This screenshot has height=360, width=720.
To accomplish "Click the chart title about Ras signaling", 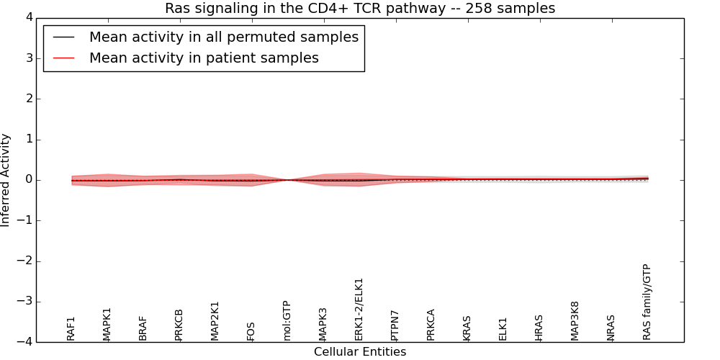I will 360,9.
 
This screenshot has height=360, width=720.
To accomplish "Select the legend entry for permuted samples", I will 223,37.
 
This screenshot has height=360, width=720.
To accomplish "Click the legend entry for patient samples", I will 204,58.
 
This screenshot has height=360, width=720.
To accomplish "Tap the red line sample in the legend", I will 64,58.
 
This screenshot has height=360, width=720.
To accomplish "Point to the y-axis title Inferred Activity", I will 6,180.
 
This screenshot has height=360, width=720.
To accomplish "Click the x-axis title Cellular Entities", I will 360,352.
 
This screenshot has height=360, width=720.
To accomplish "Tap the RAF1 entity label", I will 71,328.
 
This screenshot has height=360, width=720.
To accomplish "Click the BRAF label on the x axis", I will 143,328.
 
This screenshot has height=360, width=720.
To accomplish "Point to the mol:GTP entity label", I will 287,320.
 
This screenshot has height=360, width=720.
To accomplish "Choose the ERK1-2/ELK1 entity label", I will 359,309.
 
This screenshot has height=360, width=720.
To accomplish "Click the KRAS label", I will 467,328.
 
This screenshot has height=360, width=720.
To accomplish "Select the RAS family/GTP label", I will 647,302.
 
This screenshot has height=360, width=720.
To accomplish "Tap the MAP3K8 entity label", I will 575,320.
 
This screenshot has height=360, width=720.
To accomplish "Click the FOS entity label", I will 251,331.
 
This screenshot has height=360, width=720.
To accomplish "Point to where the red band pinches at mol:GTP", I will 287,180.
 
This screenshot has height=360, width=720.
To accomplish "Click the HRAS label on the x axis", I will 539,328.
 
